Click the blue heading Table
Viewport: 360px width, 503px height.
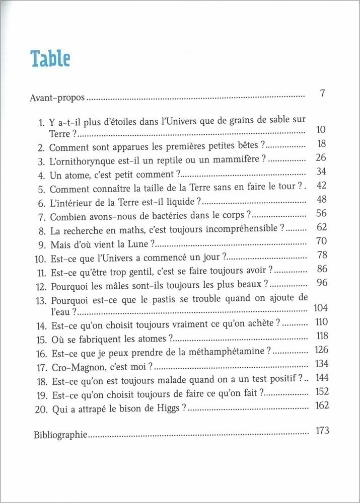pos(50,59)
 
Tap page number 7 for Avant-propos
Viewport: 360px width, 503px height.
pos(324,94)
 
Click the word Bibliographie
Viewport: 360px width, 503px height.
pos(60,434)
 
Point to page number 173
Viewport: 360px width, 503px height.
pos(321,431)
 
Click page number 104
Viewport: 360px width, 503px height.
pos(321,308)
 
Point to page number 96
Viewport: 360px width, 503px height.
pos(322,283)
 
